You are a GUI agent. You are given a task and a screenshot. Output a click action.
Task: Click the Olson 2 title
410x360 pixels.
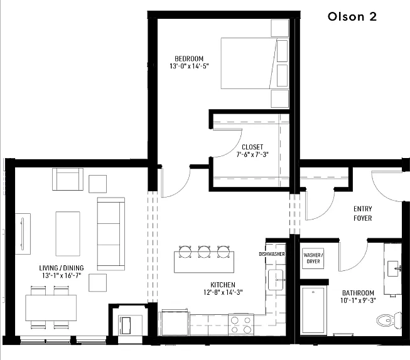point(352,16)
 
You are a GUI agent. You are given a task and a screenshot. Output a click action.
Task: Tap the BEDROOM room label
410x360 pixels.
point(189,58)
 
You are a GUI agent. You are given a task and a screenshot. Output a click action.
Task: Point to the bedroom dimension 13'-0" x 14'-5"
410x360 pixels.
point(190,66)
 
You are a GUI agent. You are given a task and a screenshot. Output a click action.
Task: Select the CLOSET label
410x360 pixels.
point(252,147)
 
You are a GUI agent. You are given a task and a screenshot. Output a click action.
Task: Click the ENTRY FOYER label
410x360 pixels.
point(363,213)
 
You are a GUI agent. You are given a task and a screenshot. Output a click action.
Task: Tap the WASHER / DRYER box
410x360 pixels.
point(313,258)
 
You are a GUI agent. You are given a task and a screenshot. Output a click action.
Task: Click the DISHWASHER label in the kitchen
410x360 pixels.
point(272,254)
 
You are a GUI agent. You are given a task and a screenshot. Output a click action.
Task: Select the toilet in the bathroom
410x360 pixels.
point(389,320)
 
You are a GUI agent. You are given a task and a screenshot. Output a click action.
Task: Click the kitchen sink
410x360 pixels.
point(276,280)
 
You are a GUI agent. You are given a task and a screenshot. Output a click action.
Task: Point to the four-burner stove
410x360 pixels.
point(241,325)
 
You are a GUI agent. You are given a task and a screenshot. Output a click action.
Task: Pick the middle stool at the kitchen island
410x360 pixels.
point(204,252)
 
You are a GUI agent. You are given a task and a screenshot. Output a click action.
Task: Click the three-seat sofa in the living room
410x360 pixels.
point(111,234)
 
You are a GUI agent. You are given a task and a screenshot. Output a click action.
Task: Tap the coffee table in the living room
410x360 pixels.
point(68,234)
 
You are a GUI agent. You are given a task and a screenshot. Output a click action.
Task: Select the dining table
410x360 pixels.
point(51,308)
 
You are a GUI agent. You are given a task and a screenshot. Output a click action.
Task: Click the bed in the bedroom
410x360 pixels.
point(255,63)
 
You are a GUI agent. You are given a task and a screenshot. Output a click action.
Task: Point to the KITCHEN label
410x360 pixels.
point(223,285)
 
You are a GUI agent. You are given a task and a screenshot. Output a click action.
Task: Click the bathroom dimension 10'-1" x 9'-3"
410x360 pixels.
point(358,300)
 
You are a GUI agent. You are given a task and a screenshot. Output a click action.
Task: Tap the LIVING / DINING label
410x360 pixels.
point(62,268)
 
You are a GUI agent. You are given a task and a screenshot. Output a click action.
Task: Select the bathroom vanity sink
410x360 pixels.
point(393,268)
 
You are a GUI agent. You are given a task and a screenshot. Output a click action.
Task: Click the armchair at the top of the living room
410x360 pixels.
point(68,179)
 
